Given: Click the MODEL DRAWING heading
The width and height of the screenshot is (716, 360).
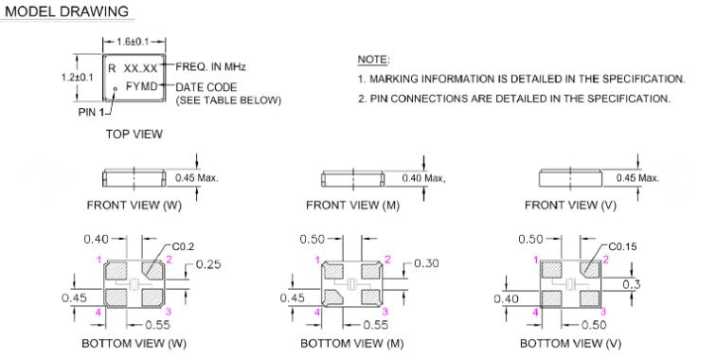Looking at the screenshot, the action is pos(67,11).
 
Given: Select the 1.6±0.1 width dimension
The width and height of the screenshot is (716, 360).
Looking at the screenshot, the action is pos(133,42).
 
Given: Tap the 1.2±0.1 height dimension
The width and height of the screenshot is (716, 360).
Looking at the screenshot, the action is pos(77,77).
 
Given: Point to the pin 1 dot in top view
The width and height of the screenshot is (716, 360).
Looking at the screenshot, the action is pos(116,89).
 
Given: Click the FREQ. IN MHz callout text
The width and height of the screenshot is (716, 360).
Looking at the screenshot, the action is pos(210,66).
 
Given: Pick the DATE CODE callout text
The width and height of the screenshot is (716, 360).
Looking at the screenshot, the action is pos(206,87).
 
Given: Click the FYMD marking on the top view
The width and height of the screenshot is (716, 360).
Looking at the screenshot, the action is pos(141,85).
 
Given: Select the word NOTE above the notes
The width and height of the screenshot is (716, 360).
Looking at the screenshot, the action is pos(372,60).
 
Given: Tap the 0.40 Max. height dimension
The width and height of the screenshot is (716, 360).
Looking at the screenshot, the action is pos(423,178).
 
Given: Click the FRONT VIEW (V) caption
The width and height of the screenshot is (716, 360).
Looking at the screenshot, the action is pos(570,206).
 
